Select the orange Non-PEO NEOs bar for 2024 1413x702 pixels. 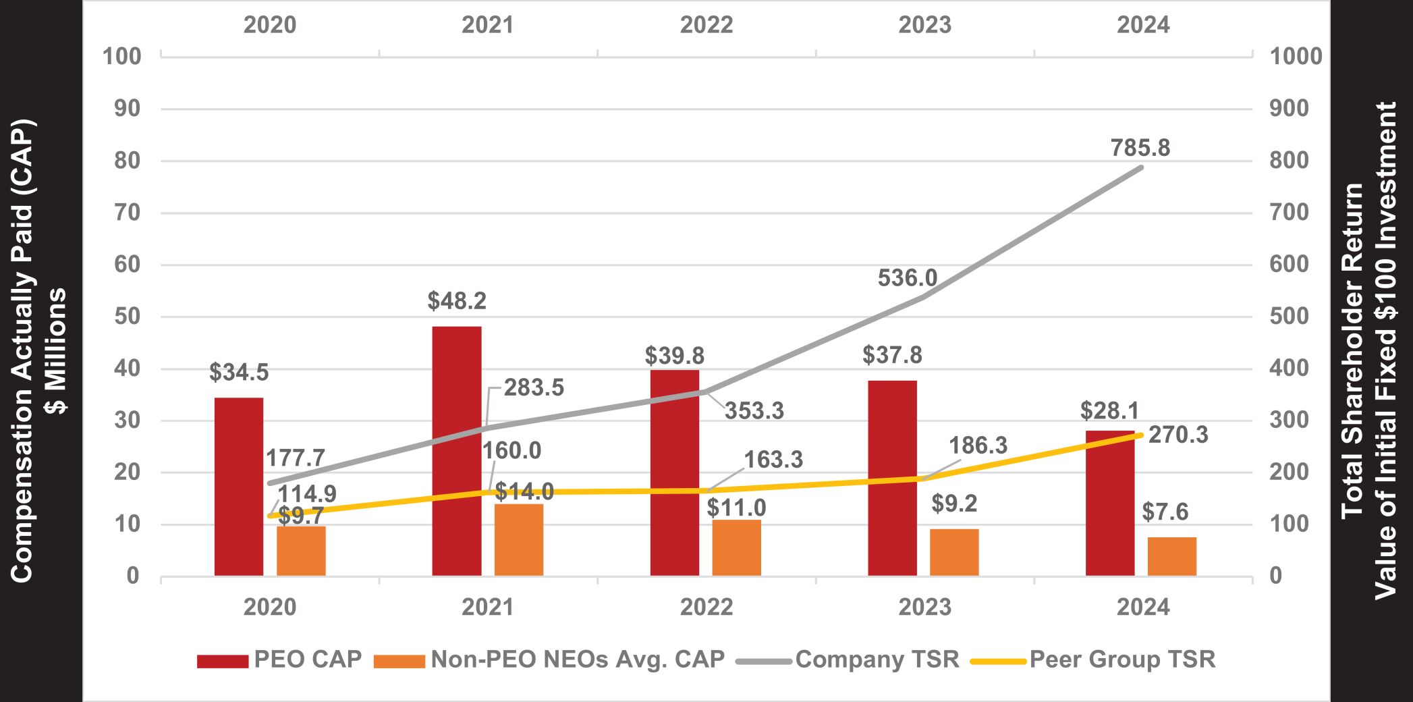click(x=1171, y=556)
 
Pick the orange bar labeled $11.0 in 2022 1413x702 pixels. click(x=736, y=547)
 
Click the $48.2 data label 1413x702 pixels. click(x=457, y=301)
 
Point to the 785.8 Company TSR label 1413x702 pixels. click(x=1140, y=148)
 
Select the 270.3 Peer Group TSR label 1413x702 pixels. click(x=1178, y=435)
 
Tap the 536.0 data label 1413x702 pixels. click(x=908, y=277)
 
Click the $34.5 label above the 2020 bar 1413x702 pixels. click(x=239, y=372)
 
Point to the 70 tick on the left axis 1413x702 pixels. click(x=128, y=213)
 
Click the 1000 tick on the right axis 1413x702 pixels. click(x=1296, y=57)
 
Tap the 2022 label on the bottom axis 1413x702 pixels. click(x=706, y=607)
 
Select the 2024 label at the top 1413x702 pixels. click(x=1142, y=25)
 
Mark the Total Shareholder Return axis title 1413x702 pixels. click(x=1368, y=351)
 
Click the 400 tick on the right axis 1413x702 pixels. click(x=1289, y=369)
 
